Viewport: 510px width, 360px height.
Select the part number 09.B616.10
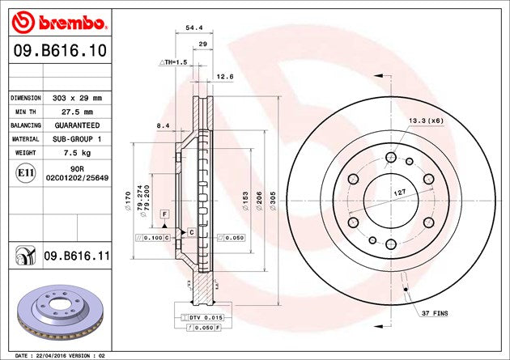tap(60, 50)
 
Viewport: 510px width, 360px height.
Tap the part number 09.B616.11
tap(77, 256)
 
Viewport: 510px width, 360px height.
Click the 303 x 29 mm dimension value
tap(77, 98)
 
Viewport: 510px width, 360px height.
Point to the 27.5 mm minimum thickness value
tap(77, 112)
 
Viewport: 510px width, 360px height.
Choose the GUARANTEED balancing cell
tap(77, 125)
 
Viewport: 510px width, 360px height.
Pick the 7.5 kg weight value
tap(77, 153)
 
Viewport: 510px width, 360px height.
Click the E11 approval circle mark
tap(26, 173)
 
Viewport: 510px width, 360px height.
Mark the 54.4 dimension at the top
tap(194, 28)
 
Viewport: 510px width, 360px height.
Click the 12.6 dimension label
tap(225, 77)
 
